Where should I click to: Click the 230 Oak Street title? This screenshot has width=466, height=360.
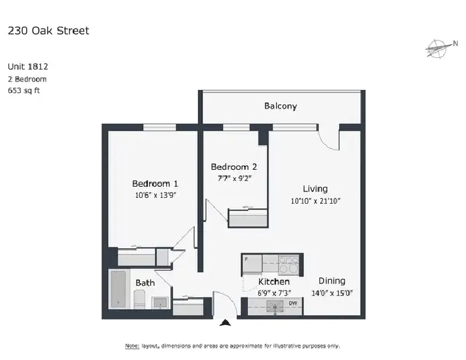48,31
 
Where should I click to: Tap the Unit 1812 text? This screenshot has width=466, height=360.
28,66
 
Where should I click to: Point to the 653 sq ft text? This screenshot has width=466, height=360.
24,90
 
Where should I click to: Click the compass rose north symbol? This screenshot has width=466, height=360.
441,48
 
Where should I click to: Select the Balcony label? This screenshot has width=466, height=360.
281,106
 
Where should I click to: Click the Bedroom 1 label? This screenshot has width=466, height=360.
155,184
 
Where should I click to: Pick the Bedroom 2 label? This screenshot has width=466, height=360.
234,167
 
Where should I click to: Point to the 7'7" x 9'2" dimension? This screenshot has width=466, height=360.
234,178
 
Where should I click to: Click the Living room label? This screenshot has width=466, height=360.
315,189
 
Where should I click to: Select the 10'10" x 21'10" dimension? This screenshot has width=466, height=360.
315,201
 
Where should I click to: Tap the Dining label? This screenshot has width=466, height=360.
332,281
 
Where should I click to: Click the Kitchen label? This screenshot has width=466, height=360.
274,282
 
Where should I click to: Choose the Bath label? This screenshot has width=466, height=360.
145,283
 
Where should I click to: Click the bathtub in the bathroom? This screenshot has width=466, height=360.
118,289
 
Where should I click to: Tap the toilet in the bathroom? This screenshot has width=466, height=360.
139,299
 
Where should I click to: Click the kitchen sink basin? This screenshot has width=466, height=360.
274,307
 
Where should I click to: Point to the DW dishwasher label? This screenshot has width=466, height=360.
293,303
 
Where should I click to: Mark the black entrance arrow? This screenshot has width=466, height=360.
225,323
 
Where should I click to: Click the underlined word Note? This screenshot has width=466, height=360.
132,346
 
